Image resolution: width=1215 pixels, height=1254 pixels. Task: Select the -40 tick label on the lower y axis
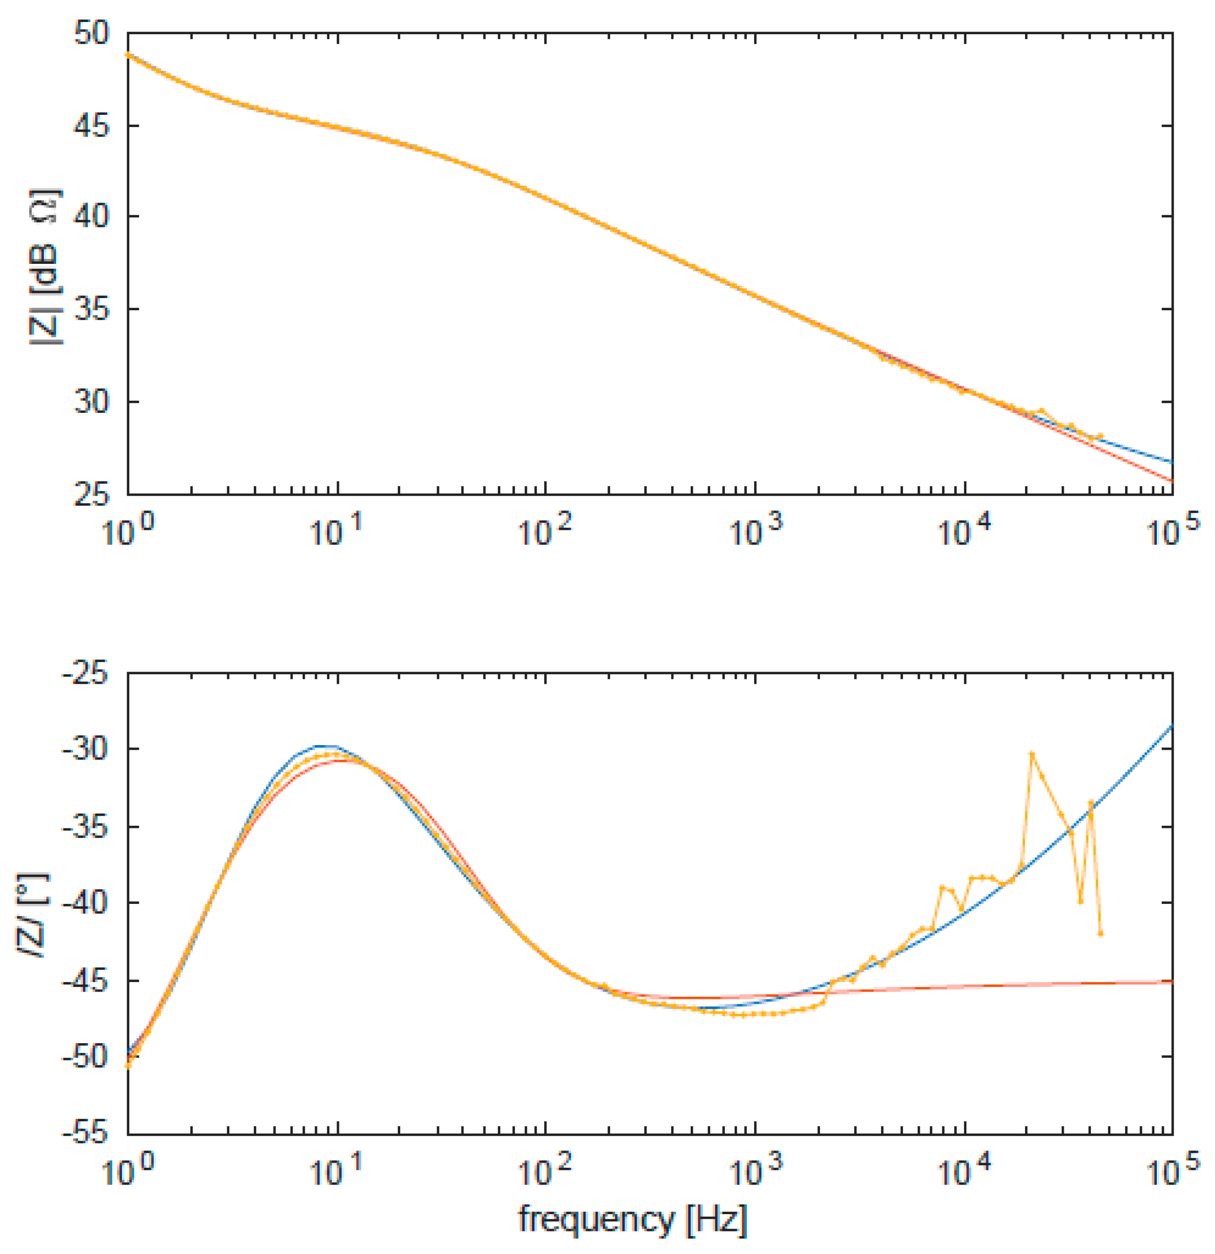[86, 903]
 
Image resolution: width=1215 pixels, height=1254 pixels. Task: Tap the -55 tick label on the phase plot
[86, 1134]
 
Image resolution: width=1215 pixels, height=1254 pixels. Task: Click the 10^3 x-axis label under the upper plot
[756, 531]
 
